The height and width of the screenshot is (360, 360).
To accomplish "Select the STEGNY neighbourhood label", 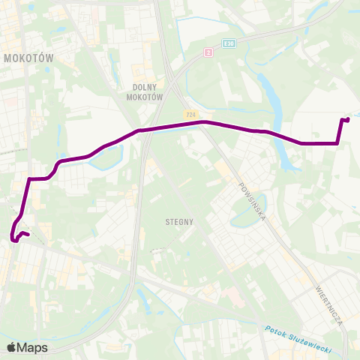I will coord(179,222).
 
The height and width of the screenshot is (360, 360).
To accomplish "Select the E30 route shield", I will coord(229,43).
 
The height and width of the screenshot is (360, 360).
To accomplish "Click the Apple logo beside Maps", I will coord(11,347).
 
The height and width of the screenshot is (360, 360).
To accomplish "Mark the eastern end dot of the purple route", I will coord(348,119).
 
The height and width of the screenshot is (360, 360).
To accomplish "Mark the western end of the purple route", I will coord(27,235).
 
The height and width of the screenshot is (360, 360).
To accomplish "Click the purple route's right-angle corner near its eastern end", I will coord(338,142).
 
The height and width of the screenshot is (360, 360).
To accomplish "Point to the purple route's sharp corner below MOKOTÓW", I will coord(29,179).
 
